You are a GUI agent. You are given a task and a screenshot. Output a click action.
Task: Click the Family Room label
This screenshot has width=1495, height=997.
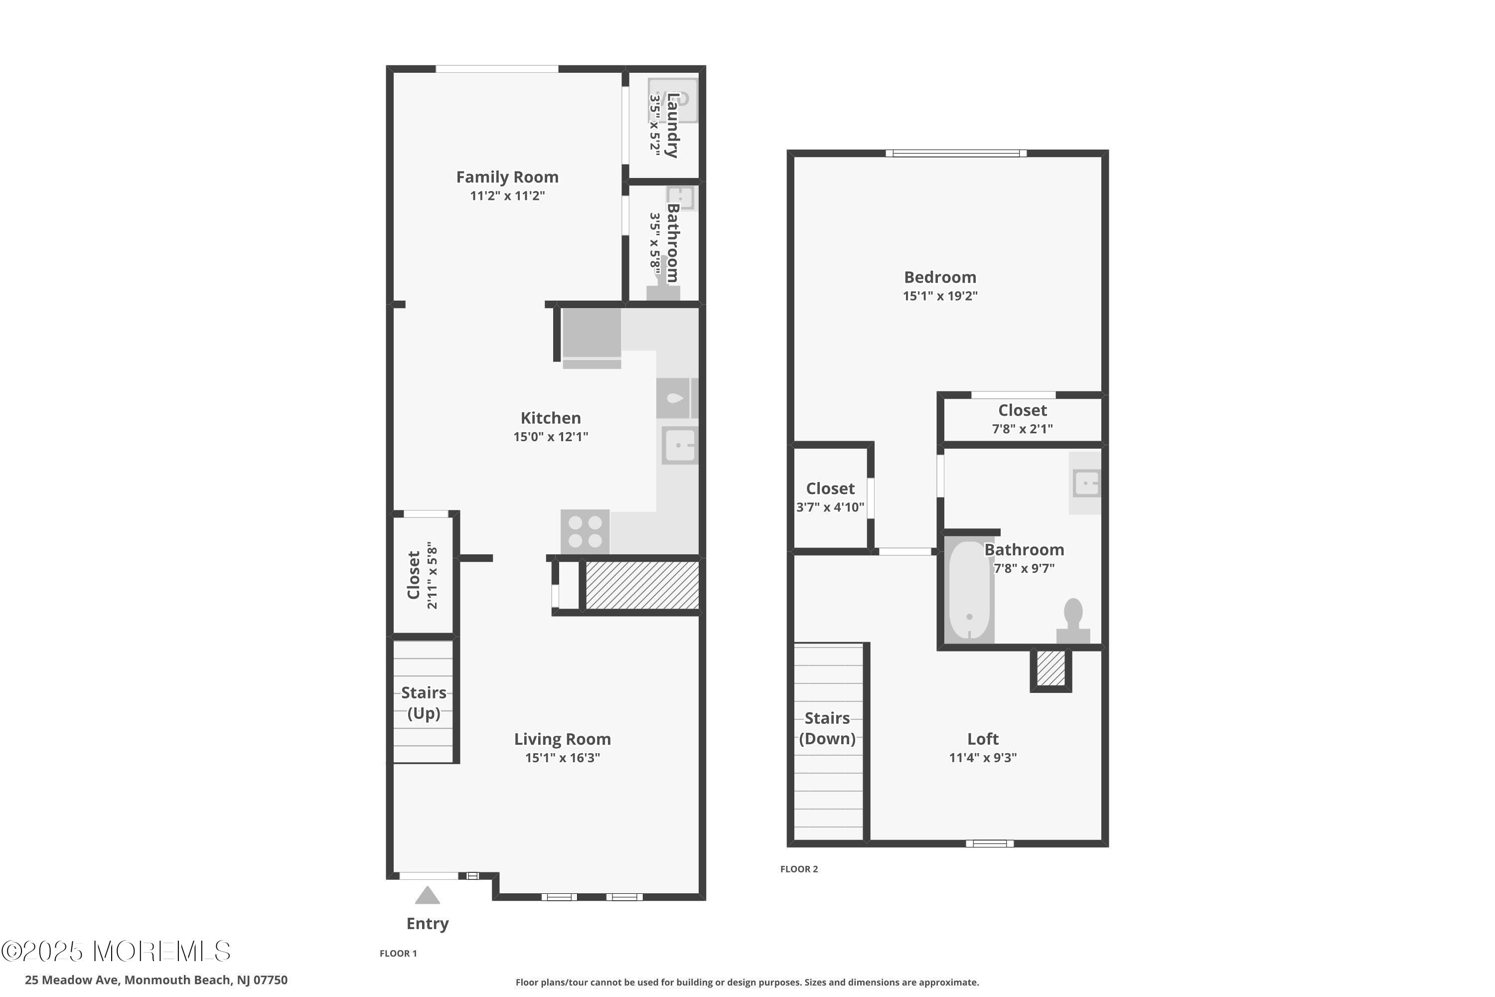[x=507, y=177]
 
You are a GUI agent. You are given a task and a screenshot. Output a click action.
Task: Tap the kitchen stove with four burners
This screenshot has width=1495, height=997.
[x=585, y=531]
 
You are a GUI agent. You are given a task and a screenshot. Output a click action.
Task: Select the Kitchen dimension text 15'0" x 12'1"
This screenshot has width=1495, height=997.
[x=551, y=437]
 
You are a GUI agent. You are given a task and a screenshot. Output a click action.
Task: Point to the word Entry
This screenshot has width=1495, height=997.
[x=427, y=923]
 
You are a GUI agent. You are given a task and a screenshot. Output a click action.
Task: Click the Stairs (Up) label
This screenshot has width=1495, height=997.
[x=423, y=702]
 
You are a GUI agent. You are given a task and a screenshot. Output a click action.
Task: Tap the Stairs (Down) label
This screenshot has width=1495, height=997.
[x=826, y=728]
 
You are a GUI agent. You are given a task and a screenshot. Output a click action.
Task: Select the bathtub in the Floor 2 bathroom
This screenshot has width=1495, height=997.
[x=969, y=591]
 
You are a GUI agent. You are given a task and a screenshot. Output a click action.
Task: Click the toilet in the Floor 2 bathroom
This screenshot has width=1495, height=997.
[x=1073, y=620]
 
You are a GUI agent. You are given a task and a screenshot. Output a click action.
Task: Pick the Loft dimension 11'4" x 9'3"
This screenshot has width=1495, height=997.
[x=983, y=757]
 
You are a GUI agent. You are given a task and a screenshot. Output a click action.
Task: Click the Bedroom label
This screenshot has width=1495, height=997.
[x=939, y=277]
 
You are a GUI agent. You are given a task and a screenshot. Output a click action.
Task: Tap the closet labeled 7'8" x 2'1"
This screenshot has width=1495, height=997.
[x=1022, y=418]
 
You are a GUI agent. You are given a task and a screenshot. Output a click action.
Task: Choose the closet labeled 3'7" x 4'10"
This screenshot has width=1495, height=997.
[x=830, y=497]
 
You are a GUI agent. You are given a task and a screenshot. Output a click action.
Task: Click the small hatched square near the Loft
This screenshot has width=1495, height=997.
[x=1050, y=669]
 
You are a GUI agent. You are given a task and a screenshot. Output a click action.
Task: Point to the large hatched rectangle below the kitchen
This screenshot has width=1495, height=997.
[x=641, y=585]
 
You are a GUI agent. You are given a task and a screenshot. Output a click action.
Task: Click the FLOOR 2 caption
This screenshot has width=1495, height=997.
[x=798, y=869]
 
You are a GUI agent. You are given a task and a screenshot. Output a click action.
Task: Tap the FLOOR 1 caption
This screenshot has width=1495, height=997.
[x=398, y=953]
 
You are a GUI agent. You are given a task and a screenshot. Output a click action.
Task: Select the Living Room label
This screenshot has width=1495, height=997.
[x=562, y=739]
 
